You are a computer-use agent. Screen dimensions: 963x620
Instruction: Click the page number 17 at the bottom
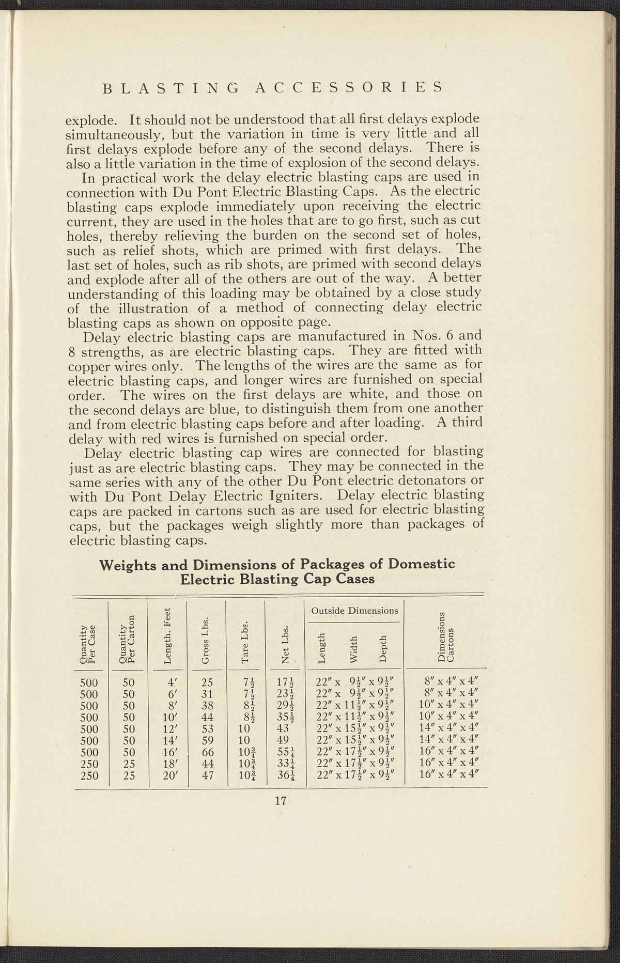[281, 801]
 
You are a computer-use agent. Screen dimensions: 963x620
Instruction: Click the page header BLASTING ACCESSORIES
[273, 87]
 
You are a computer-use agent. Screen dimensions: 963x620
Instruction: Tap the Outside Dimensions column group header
[354, 611]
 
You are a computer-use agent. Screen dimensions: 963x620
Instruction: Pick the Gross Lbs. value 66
[208, 752]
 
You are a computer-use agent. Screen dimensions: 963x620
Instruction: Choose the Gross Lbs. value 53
[208, 729]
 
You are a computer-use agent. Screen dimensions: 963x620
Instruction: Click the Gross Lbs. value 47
[208, 775]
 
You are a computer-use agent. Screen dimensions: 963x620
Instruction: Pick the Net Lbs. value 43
[284, 729]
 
